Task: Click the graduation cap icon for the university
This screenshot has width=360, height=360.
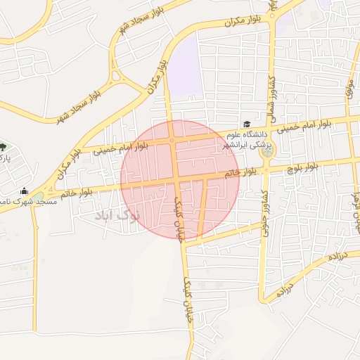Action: coord(246,124)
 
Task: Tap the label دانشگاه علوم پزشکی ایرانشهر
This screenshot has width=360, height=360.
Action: coord(246,140)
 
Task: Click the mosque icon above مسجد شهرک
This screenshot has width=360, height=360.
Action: coord(25,191)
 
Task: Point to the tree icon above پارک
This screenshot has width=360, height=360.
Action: coord(3,147)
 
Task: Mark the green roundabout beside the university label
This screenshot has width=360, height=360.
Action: coord(267,149)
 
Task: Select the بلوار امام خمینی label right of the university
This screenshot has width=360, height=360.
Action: coord(305,127)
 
